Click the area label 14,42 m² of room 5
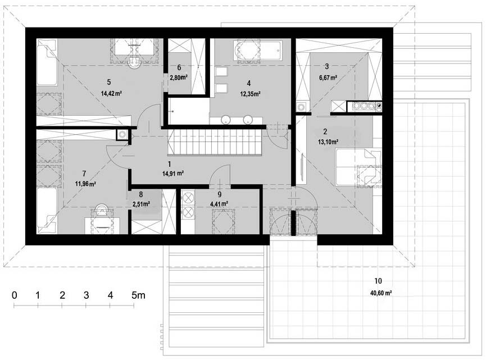(111, 93)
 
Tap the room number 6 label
(179, 67)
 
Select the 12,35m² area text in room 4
(250, 94)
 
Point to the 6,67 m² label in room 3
(328, 78)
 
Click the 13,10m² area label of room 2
(328, 142)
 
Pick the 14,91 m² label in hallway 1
(173, 174)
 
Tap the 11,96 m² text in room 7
(85, 184)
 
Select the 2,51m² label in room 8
(141, 204)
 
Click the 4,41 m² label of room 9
(219, 204)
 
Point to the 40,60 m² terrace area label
(381, 293)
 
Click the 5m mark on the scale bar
(138, 295)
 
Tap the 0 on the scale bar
(14, 295)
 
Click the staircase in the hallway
(215, 142)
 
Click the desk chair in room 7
(102, 211)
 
